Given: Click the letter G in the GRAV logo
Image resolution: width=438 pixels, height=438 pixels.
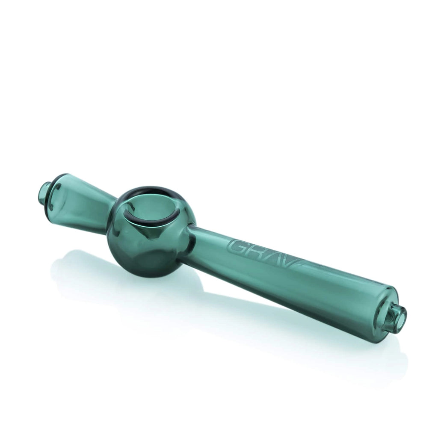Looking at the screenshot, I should [237, 247].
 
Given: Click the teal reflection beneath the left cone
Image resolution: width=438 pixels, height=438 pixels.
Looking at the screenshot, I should [86, 265].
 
